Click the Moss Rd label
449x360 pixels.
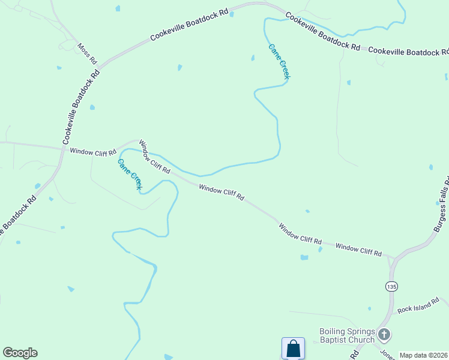(87, 53)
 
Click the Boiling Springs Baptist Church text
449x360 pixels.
(347, 335)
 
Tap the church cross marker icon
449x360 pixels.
(384, 335)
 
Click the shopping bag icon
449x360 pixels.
(293, 348)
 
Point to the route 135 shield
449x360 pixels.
(391, 287)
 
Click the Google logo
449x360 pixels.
(20, 353)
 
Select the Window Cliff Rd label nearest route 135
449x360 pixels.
(358, 250)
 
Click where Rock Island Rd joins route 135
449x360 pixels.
(393, 313)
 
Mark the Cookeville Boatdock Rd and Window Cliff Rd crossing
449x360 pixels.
(62, 148)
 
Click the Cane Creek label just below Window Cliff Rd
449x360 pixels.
(129, 175)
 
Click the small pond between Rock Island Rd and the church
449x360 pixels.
(369, 308)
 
